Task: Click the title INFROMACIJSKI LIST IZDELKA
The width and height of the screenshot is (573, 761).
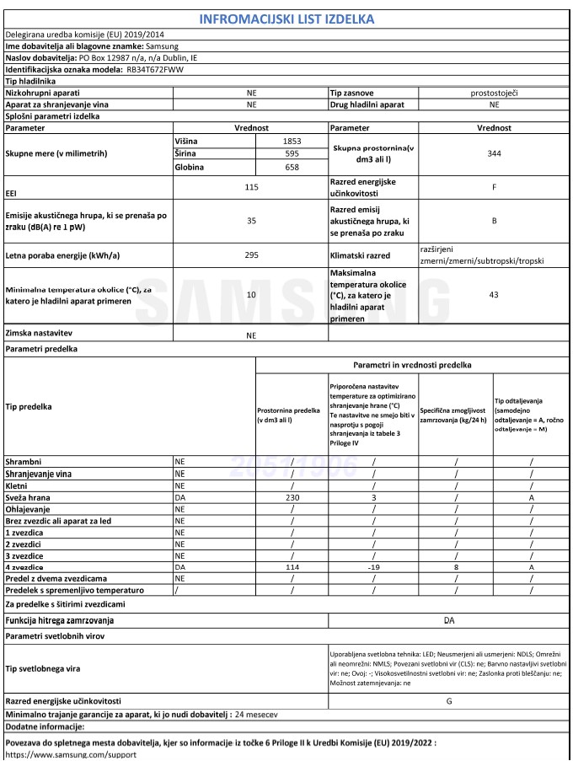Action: coord(287,19)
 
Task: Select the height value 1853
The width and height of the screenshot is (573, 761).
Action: coord(290,141)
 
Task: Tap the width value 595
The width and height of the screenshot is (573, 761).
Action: coord(290,154)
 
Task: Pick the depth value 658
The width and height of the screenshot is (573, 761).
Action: coord(290,168)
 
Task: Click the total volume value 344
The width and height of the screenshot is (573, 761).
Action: coord(494,154)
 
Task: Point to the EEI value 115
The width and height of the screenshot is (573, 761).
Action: coord(251,187)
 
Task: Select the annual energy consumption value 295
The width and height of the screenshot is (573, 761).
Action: coord(251,255)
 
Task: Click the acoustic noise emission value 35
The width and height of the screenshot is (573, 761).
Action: coord(251,221)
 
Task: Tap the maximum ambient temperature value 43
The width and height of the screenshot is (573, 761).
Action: coord(494,295)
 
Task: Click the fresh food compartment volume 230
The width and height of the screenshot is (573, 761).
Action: coord(292,498)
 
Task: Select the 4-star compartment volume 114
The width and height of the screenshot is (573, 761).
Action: coord(292,568)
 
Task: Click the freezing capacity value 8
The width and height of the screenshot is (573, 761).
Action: coord(455,568)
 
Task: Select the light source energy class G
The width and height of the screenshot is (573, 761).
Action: coord(448,700)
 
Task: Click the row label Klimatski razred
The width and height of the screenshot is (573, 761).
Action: coord(363,255)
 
